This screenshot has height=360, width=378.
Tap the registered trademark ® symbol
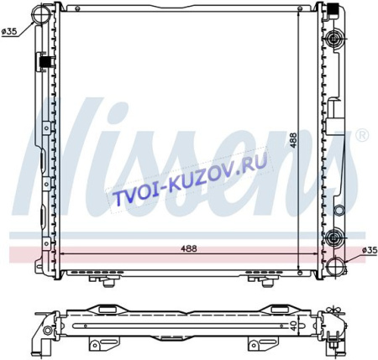(362, 134)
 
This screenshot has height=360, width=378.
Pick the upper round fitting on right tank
(335, 37)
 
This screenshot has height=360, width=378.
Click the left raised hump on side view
(104, 308)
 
